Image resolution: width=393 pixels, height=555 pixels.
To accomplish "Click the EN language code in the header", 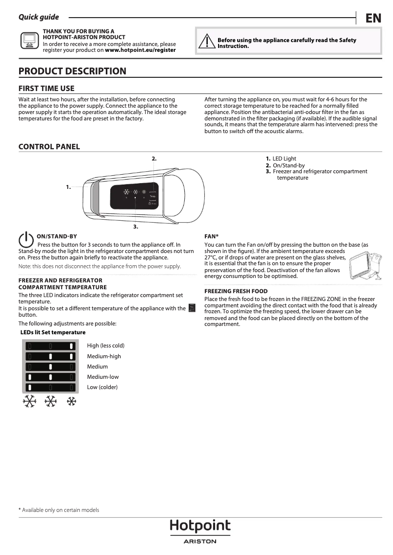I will click(x=373, y=18).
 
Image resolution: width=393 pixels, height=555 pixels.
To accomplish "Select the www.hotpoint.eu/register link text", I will click(x=140, y=50).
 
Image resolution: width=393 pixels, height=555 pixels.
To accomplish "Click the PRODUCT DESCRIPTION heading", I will click(x=73, y=71).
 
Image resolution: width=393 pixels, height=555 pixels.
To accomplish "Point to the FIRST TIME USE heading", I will click(x=47, y=88).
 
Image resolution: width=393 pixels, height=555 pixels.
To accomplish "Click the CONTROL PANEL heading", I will click(x=49, y=147).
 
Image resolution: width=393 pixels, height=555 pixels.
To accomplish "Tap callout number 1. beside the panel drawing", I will click(x=69, y=186).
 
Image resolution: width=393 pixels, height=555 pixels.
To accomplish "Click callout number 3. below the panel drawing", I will click(x=136, y=227).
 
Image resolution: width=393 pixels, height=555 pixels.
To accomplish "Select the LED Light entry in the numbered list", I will click(x=284, y=159).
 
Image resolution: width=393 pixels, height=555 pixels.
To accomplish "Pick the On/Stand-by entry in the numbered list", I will click(x=289, y=165).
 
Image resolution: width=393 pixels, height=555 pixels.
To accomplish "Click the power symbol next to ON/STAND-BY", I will click(x=25, y=239).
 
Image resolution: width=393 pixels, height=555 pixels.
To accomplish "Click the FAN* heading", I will click(x=211, y=236).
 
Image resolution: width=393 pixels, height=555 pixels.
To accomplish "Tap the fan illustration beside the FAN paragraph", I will click(x=365, y=265).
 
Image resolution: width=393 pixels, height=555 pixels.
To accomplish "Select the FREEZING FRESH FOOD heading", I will click(x=236, y=291).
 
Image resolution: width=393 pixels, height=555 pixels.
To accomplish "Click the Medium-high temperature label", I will click(x=104, y=356).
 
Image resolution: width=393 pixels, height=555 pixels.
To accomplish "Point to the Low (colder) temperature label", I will click(x=102, y=387).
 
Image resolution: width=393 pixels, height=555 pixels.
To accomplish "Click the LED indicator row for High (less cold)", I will click(x=50, y=346).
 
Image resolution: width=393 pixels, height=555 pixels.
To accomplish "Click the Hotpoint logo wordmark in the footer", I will click(x=200, y=526).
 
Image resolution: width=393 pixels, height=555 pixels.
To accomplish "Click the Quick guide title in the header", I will click(x=39, y=17).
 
